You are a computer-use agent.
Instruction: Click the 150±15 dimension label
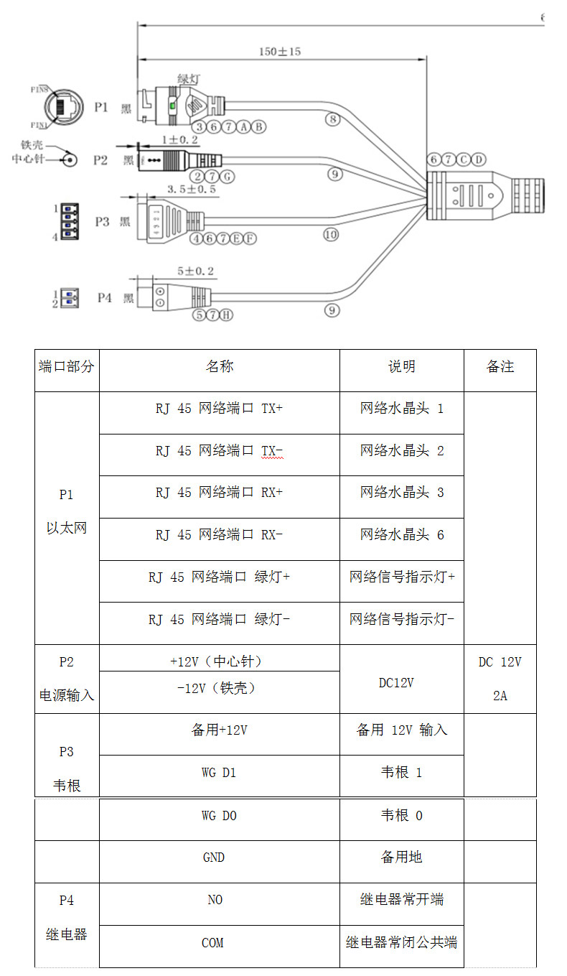point(280,52)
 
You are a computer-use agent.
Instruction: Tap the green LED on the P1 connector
point(172,107)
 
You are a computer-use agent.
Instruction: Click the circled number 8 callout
point(332,119)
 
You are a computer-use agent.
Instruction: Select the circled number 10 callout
point(330,234)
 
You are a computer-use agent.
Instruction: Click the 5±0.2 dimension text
point(196,271)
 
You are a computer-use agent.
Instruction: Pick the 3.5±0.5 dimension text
point(192,189)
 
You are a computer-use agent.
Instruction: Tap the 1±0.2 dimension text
point(180,139)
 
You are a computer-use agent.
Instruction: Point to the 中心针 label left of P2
point(29,159)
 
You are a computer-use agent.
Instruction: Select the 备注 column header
point(500,367)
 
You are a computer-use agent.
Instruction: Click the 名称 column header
point(219,367)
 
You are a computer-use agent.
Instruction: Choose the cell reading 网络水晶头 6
point(402,535)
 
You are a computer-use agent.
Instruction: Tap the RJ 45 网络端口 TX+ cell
point(219,409)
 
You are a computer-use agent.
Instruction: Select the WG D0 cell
point(219,816)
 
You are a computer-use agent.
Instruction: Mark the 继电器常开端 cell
point(402,900)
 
